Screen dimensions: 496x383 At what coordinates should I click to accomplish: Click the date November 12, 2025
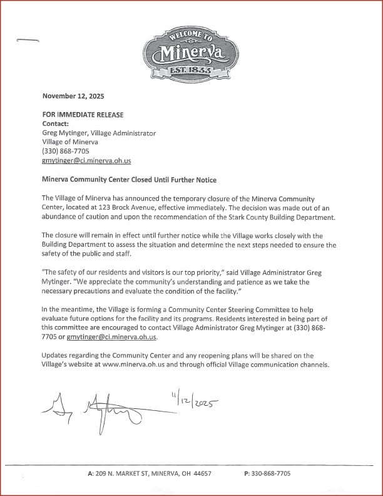(73, 96)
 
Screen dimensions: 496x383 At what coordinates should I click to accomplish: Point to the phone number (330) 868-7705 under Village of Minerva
(65, 152)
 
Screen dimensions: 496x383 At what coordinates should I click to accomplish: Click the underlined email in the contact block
(86, 161)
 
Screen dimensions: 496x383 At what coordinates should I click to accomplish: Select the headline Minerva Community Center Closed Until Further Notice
(129, 180)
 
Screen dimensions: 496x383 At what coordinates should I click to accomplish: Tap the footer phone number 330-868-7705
(271, 474)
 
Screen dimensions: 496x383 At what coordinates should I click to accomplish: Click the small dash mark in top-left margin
(28, 41)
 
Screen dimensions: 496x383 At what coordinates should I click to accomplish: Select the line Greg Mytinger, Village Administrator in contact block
(99, 133)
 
